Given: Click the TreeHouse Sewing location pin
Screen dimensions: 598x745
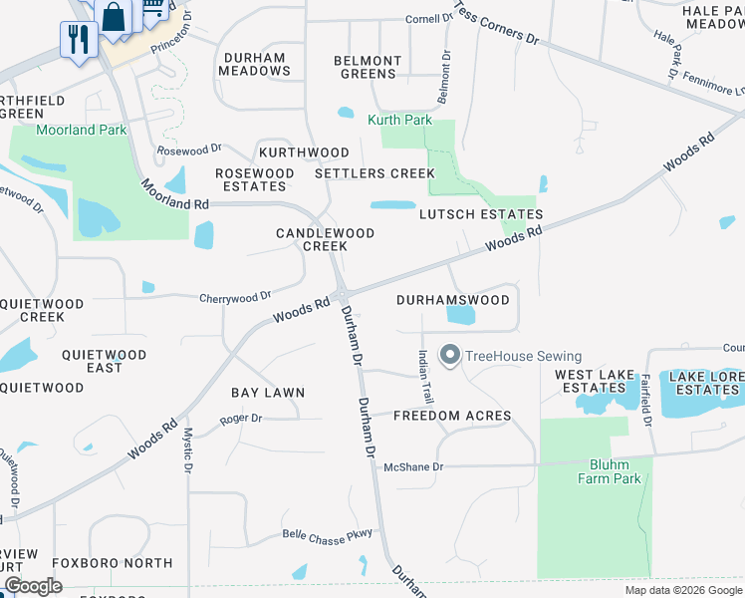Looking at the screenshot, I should pos(449,356).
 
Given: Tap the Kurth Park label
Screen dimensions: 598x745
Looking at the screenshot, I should pos(399,121).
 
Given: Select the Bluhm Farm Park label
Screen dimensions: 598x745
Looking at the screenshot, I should pos(609,471).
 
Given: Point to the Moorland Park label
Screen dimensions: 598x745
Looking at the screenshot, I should pos(82,131).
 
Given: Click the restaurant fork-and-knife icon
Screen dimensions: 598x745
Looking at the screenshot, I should pos(76,39).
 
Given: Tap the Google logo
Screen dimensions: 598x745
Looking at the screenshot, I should pos(33,586).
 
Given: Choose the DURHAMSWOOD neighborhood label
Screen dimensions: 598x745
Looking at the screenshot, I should pos(453,300).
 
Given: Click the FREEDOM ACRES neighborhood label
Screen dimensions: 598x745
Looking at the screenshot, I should pos(452,416).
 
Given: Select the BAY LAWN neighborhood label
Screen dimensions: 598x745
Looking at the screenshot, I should pos(268,394).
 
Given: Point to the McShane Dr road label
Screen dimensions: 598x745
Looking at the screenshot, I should pos(413,466).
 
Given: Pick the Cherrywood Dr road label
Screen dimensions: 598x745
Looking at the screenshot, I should pos(235,297).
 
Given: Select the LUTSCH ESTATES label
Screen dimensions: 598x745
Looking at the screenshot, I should pos(481,214).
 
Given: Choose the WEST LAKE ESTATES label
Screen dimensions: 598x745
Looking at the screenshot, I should pos(595,382).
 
